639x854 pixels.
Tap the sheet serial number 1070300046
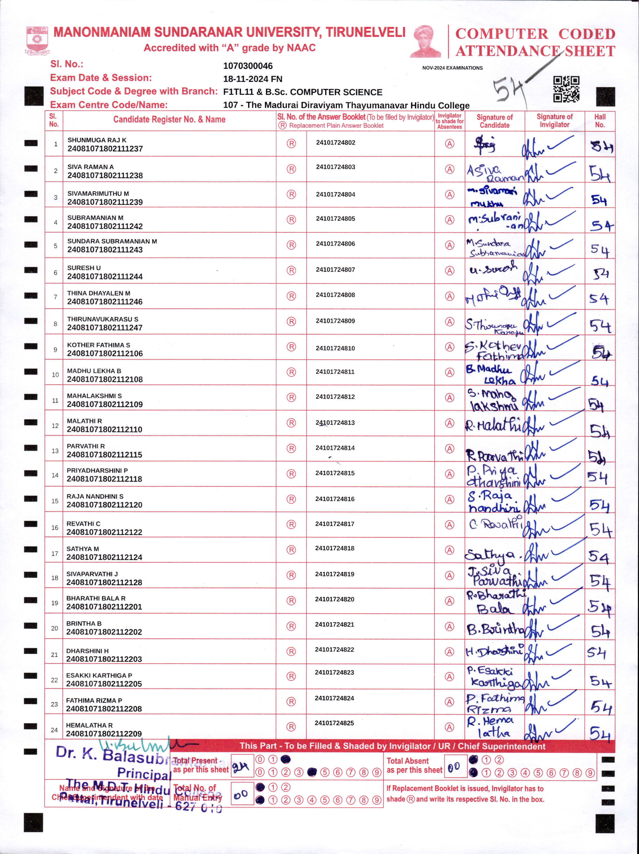pyautogui.click(x=248, y=66)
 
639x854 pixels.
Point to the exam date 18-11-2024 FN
pyautogui.click(x=252, y=79)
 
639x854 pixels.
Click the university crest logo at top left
pyautogui.click(x=37, y=40)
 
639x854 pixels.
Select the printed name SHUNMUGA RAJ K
pyautogui.click(x=97, y=140)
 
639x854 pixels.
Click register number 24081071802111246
pyautogui.click(x=105, y=302)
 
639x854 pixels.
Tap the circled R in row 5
pyautogui.click(x=291, y=245)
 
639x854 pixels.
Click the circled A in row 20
pyautogui.click(x=449, y=626)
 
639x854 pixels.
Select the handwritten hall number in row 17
pyautogui.click(x=598, y=556)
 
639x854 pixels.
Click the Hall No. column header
pyautogui.click(x=600, y=121)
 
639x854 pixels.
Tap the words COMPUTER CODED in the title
pyautogui.click(x=535, y=34)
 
